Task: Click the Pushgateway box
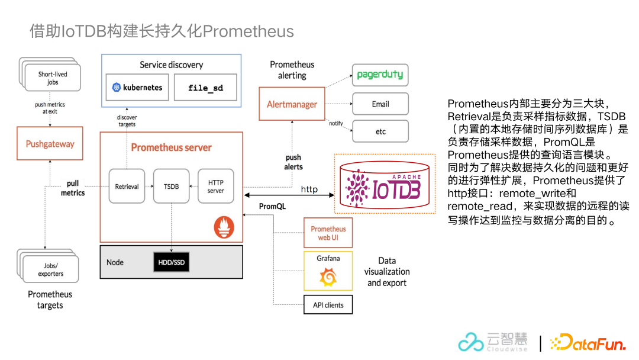point(50,144)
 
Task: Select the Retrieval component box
point(127,187)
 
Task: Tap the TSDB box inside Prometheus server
point(171,187)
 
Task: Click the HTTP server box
point(215,187)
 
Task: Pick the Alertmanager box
point(292,104)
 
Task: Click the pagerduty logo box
point(380,75)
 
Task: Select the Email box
point(380,104)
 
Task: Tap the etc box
point(380,131)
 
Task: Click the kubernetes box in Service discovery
point(137,88)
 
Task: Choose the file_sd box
point(205,88)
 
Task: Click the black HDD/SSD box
point(171,262)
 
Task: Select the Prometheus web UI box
point(328,233)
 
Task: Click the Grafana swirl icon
point(328,277)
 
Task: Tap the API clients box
point(328,305)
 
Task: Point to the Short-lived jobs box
point(51,79)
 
